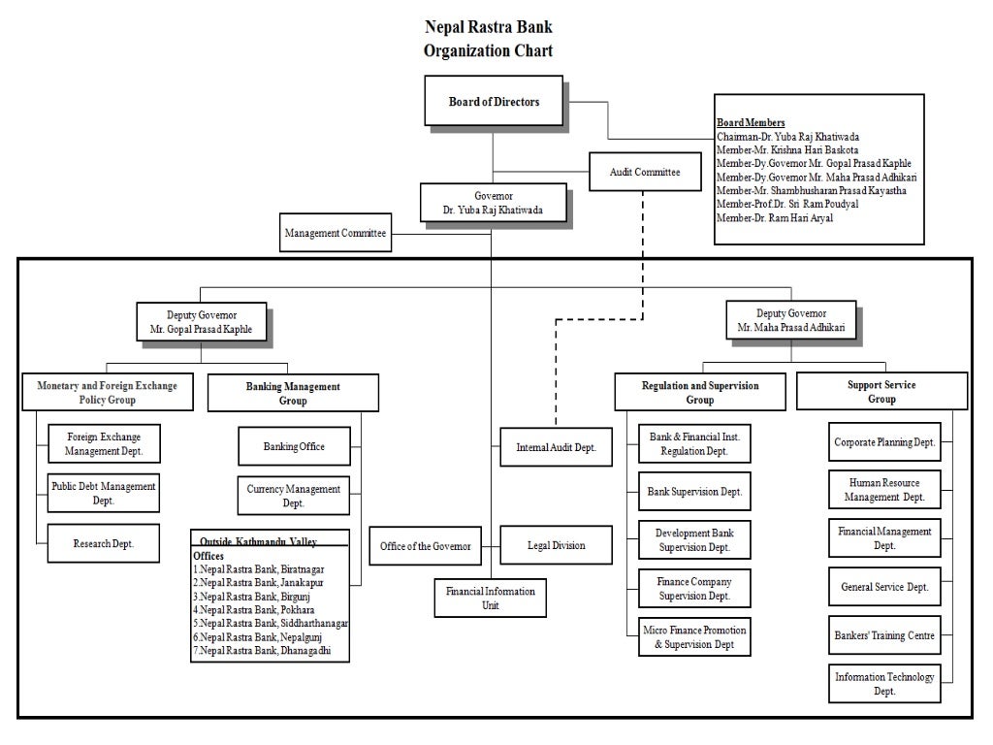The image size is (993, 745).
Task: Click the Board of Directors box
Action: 494,102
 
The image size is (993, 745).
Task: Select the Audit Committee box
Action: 644,172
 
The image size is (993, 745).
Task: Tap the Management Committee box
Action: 336,233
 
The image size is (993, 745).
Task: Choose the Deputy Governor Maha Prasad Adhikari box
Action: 790,321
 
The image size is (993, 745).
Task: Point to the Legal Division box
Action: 556,545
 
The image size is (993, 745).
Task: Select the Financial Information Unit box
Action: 490,598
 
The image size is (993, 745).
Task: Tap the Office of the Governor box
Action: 425,546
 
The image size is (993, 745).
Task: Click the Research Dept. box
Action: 103,544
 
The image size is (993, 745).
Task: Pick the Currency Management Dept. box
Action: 293,496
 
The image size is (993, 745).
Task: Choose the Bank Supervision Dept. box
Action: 694,492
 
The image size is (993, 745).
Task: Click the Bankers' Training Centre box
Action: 884,635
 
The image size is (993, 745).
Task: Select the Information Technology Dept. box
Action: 884,684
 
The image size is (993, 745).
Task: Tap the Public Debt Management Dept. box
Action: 103,493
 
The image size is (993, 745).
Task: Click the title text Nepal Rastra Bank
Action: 489,27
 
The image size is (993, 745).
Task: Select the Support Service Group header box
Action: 881,392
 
